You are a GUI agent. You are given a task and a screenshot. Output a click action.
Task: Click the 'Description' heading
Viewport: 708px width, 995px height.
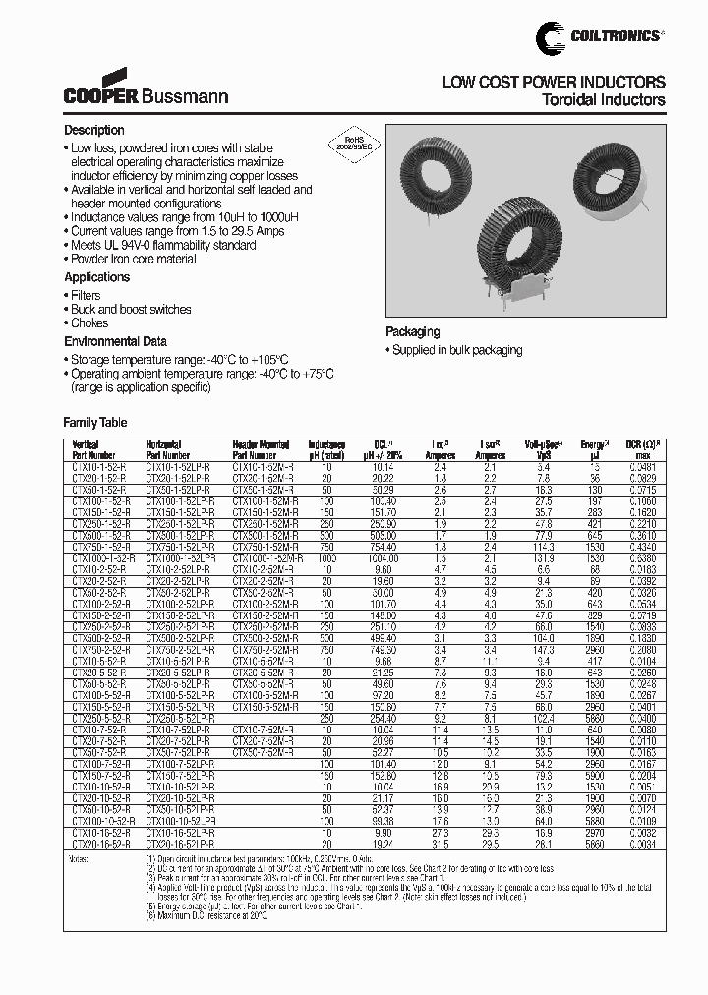pos(94,131)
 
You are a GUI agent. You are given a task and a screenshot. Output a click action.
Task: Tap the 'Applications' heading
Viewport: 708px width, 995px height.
pos(97,277)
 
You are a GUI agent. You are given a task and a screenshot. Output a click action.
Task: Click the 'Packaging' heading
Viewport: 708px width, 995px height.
pos(412,332)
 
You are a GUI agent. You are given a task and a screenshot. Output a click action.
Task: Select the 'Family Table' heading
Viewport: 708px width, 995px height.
pos(95,421)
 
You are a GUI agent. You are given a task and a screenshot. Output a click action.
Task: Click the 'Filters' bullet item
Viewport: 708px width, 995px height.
pos(86,295)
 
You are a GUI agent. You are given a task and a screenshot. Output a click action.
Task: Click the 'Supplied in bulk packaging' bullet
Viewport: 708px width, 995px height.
pos(454,351)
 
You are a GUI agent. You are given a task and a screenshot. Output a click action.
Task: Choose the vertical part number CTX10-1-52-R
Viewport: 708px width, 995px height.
pos(98,468)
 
